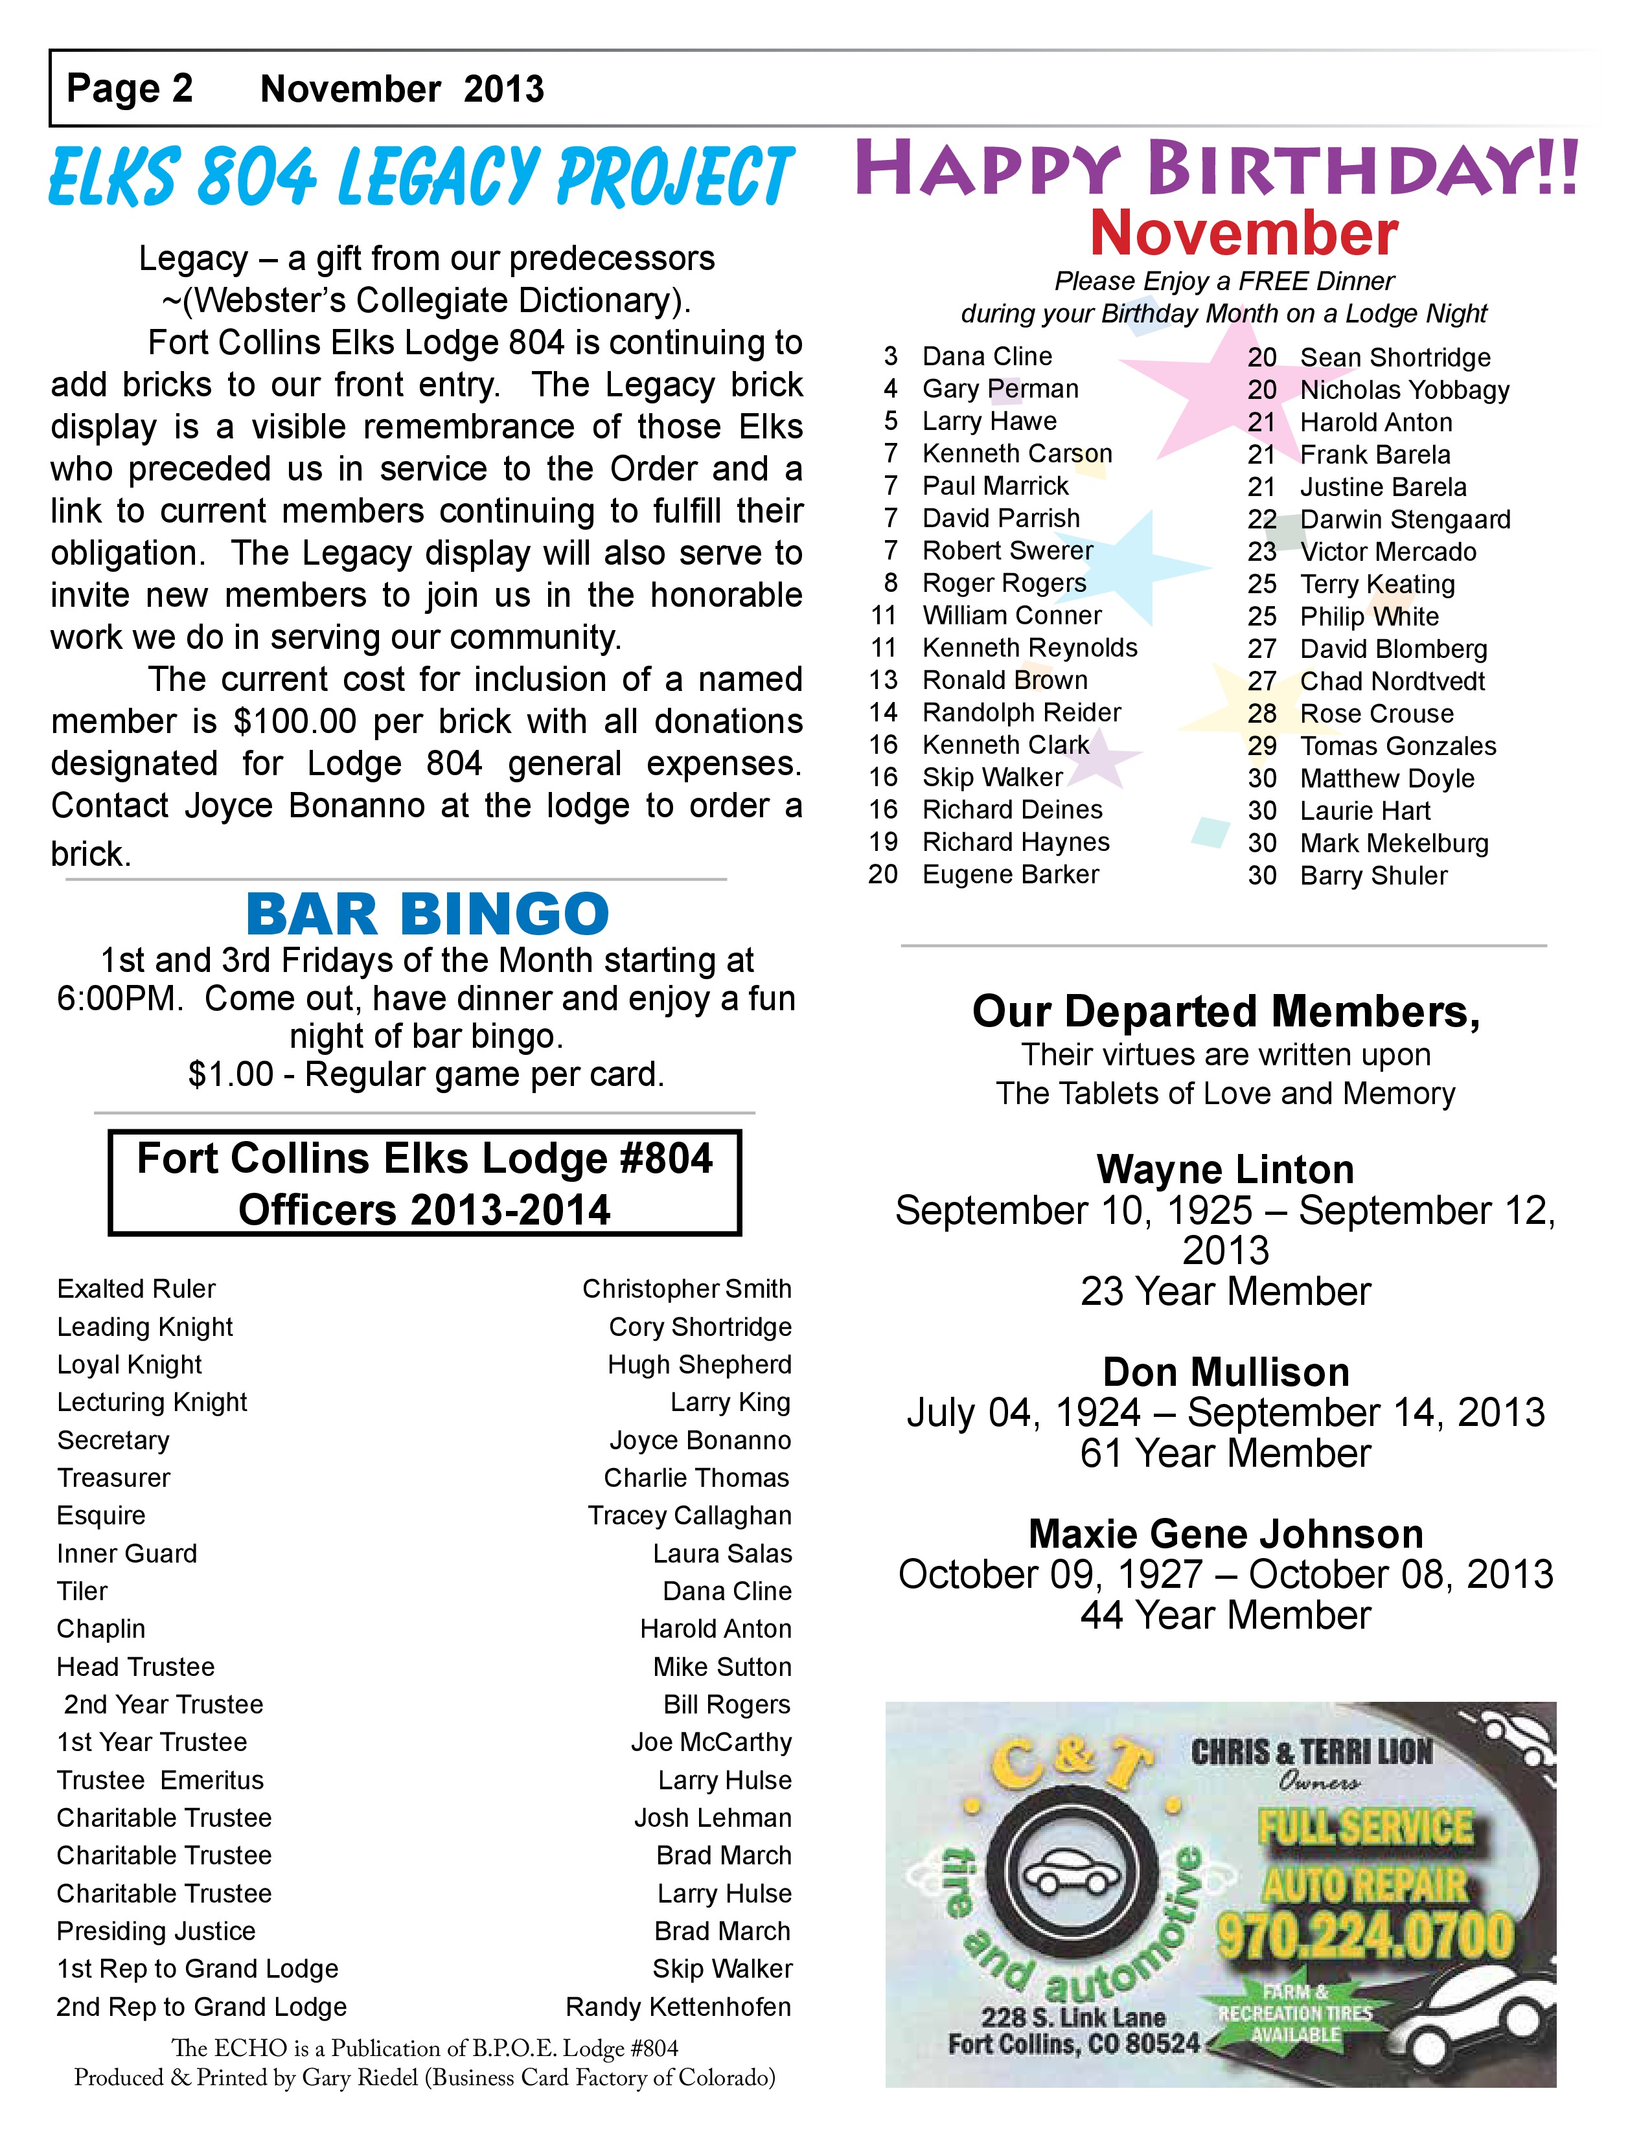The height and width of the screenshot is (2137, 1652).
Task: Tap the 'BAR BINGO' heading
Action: [427, 914]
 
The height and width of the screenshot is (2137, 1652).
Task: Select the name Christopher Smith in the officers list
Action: [686, 1289]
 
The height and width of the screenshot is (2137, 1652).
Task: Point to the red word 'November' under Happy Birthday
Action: [1244, 233]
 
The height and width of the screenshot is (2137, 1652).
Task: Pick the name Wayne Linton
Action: [1225, 1170]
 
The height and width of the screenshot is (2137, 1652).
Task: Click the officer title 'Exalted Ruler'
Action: [136, 1289]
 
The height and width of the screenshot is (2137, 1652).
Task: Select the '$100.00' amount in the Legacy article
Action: [295, 721]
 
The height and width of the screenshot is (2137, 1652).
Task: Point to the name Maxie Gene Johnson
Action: [1225, 1533]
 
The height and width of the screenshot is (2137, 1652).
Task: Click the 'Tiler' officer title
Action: [82, 1591]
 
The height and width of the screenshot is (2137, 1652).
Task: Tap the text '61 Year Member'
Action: [1225, 1453]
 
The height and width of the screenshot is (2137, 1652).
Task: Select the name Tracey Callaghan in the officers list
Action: [689, 1516]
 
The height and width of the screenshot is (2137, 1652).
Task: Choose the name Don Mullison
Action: [1225, 1372]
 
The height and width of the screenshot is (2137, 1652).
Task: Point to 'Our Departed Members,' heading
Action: [1225, 1012]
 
